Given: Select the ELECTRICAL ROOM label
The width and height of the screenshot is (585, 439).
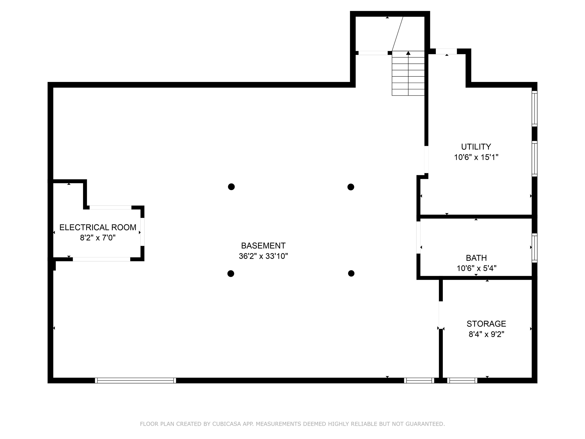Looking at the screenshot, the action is (98, 227).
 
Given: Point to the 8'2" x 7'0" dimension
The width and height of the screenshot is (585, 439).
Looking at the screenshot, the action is (98, 238).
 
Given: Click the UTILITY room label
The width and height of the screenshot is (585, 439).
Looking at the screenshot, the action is (476, 147).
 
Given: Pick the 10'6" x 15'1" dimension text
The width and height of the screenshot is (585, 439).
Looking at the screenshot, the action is (476, 157).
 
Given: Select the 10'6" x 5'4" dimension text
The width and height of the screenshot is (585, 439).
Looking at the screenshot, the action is (476, 268).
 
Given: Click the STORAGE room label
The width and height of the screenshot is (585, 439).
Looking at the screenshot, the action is (486, 324).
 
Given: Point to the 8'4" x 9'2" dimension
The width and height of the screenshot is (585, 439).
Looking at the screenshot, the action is (486, 334).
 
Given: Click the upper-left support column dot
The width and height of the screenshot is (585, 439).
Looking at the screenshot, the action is (231, 187).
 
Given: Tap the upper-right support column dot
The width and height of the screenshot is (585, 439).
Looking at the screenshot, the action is (351, 187).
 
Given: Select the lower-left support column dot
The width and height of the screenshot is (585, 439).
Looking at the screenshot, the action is (231, 274).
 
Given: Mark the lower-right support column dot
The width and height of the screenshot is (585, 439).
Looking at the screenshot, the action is (351, 273).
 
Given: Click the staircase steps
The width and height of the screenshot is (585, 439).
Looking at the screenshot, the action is (408, 73).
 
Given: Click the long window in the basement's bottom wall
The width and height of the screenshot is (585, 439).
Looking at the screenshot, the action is (135, 380).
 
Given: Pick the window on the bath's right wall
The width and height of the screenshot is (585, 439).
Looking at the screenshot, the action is (534, 248).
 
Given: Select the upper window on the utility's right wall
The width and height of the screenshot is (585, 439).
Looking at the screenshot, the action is (534, 108).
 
